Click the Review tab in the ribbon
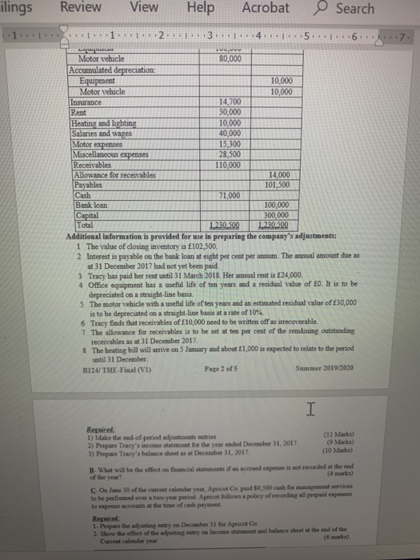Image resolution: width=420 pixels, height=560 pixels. click(81, 8)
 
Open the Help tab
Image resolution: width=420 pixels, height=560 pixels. click(204, 8)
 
